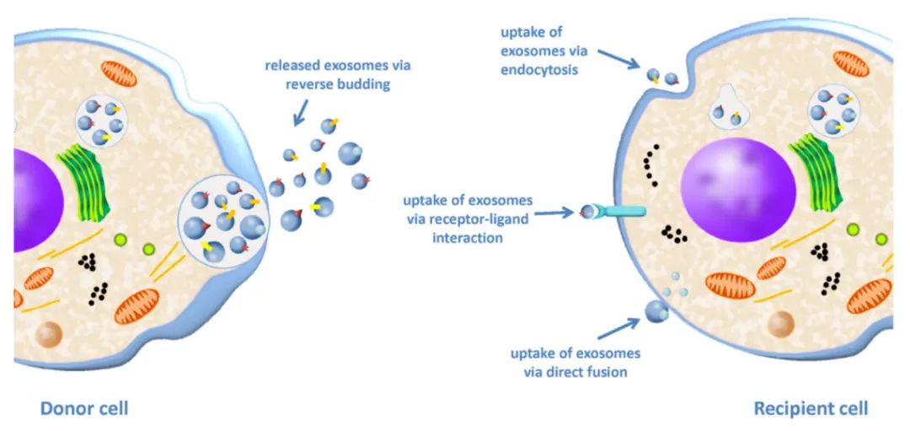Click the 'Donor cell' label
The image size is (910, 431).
[84, 409]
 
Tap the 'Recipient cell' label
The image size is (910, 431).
[811, 409]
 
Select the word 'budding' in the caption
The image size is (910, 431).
[366, 85]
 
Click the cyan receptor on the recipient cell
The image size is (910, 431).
[618, 211]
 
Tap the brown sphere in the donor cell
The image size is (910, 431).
[50, 335]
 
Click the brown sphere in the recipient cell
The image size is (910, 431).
[782, 324]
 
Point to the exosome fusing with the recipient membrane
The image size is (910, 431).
[656, 310]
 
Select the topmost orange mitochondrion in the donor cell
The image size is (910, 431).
[119, 73]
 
